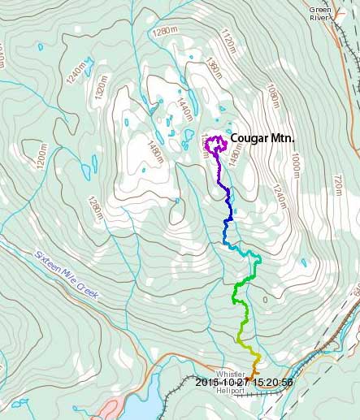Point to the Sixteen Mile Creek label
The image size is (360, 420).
[66, 274]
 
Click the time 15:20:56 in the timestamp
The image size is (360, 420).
[267, 382]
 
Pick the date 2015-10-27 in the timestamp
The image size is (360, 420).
[219, 382]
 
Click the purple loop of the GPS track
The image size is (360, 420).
[215, 145]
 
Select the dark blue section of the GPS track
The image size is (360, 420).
[229, 207]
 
